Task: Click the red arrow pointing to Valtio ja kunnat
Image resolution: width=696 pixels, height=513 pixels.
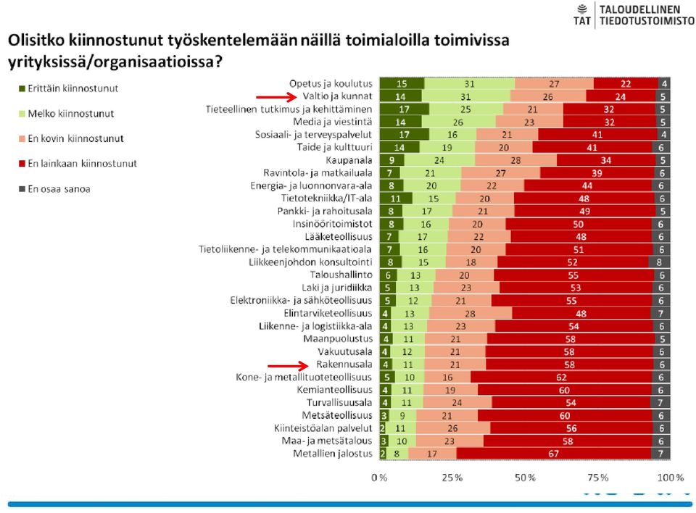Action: [276, 97]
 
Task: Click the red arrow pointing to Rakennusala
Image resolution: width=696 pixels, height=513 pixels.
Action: [288, 366]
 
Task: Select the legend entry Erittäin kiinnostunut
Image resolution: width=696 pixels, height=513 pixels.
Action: [69, 88]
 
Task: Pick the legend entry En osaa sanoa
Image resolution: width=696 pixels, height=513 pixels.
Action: [54, 189]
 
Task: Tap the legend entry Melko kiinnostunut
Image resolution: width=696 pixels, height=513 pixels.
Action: [67, 114]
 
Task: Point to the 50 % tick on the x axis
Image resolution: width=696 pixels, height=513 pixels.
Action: [525, 477]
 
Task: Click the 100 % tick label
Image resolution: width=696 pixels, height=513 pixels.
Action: [670, 477]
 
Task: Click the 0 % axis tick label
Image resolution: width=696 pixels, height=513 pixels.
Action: [379, 477]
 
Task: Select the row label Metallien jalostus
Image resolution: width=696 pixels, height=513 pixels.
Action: [333, 454]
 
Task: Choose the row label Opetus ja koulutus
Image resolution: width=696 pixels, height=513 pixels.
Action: [331, 83]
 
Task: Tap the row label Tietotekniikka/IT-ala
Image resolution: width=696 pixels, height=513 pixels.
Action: [327, 199]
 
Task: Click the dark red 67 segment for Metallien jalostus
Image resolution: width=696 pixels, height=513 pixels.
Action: [553, 454]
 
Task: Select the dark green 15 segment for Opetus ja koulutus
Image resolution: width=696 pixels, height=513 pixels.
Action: [402, 83]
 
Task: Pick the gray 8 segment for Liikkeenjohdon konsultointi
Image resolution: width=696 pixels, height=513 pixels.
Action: [659, 262]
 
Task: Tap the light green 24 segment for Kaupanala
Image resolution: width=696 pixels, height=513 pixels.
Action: [439, 160]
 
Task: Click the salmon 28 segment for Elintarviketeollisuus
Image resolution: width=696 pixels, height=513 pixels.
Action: [471, 313]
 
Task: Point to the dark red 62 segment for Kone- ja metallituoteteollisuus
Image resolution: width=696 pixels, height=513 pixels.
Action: [561, 378]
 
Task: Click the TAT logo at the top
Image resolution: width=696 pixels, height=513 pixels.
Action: [582, 14]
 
